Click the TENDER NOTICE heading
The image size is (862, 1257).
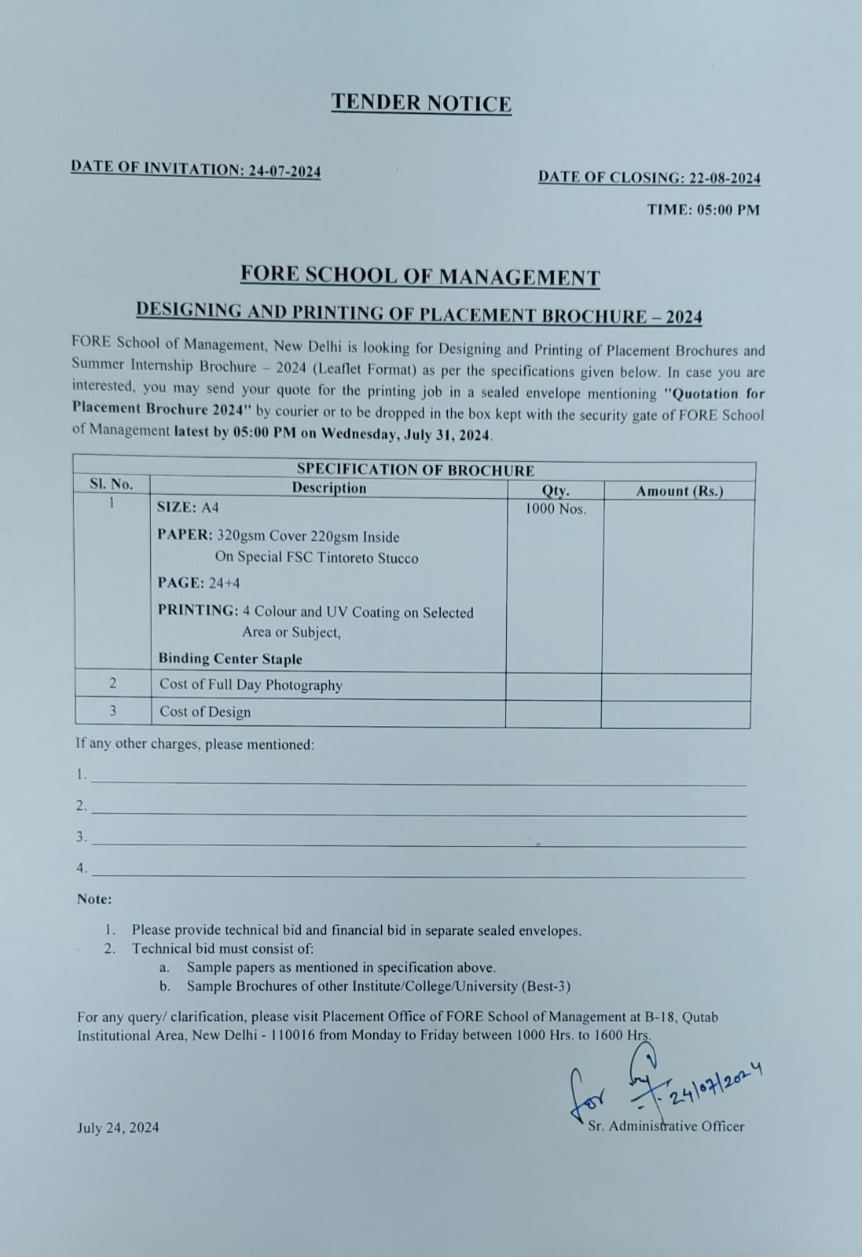click(421, 103)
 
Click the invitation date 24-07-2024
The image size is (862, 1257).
click(284, 171)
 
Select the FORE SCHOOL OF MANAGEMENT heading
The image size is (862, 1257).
click(420, 276)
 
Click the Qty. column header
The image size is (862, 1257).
click(556, 490)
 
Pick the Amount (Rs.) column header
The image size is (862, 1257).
click(679, 491)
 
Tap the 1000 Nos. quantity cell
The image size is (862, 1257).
click(556, 509)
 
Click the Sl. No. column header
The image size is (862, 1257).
click(112, 484)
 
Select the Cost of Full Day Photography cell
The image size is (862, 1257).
click(251, 685)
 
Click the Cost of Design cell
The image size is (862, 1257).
click(205, 712)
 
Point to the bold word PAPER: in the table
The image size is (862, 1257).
click(185, 535)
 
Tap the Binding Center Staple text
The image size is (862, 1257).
click(230, 659)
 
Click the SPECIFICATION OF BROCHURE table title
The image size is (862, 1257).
click(415, 470)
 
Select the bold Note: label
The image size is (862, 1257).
click(94, 899)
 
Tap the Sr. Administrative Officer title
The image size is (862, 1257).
click(666, 1127)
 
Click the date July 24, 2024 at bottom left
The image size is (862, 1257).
click(118, 1128)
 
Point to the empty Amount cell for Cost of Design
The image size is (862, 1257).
click(675, 714)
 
